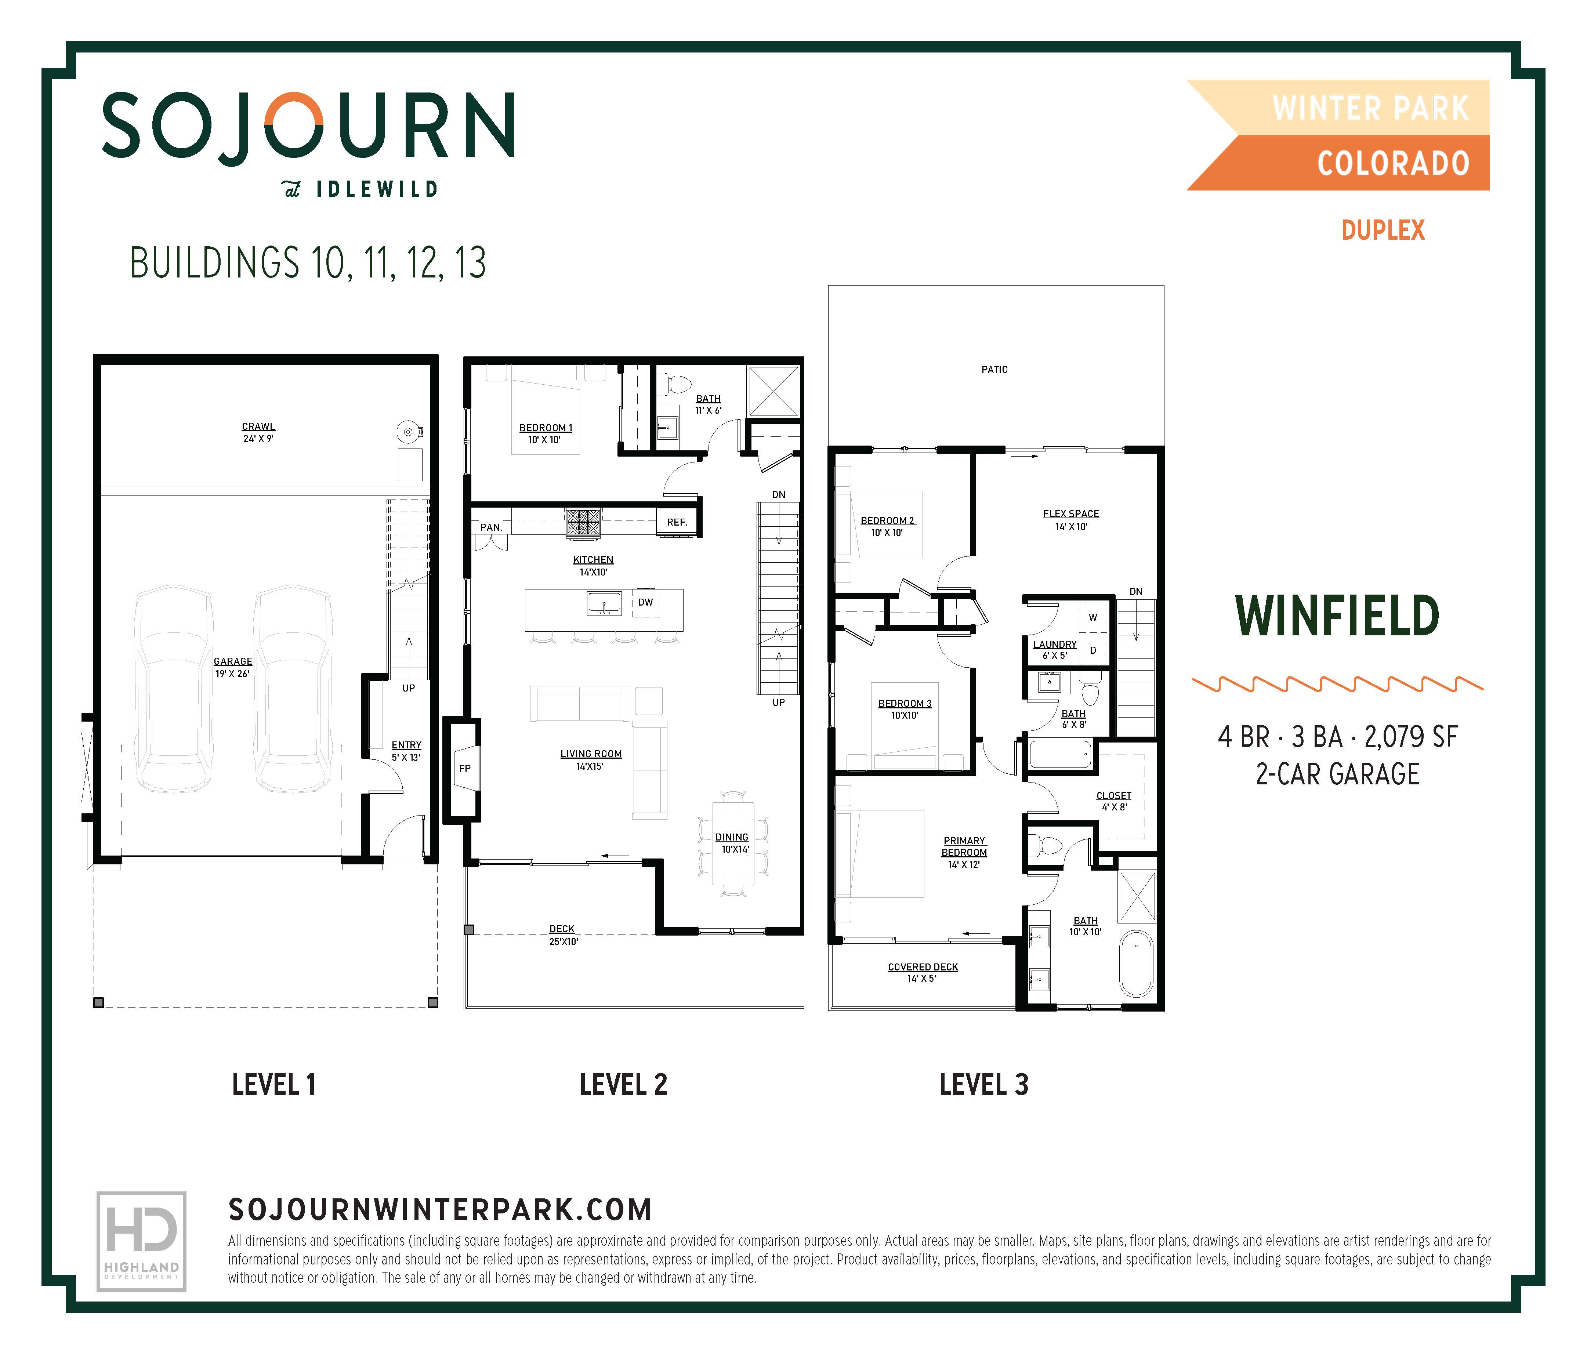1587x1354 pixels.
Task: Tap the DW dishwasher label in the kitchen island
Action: [645, 602]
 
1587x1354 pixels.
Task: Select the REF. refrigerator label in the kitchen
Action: [676, 522]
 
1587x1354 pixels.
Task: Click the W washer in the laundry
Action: [1092, 617]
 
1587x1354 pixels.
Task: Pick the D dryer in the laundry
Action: [1092, 650]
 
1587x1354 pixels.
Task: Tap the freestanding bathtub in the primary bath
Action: [1137, 963]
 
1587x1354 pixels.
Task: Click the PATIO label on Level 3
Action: [994, 369]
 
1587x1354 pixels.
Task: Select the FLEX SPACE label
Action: [1071, 514]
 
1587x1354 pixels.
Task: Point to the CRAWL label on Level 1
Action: [258, 426]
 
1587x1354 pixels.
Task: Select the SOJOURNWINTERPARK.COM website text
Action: [441, 1210]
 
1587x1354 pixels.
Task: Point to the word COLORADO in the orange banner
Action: [1392, 163]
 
